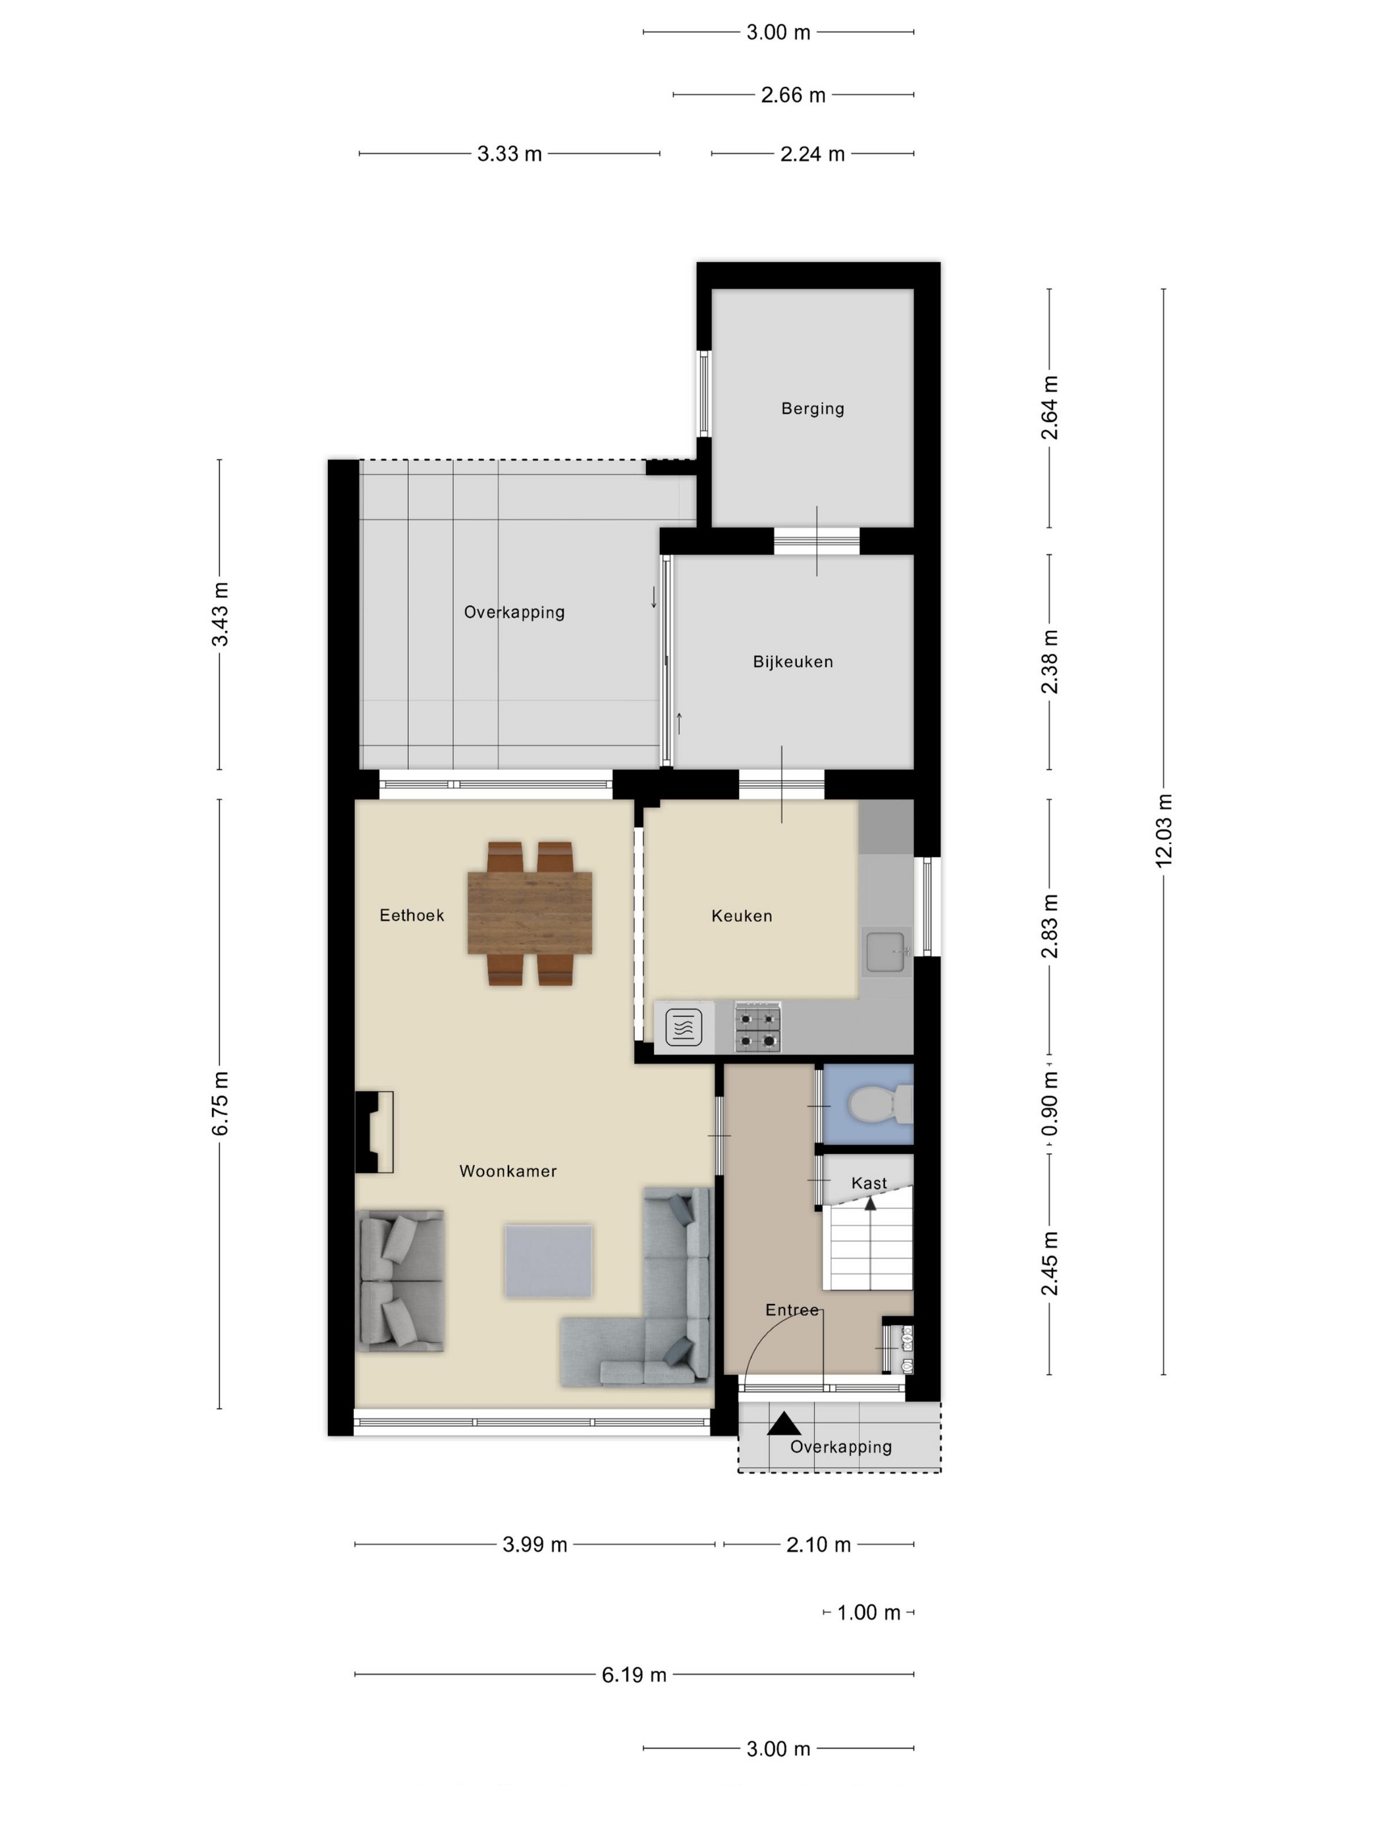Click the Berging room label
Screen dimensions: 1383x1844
pos(812,408)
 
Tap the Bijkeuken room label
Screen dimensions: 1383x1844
pos(792,661)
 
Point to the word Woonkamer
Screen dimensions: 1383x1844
pos(508,1170)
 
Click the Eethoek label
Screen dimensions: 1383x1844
pos(412,915)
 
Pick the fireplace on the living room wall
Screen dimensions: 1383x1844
pos(373,1131)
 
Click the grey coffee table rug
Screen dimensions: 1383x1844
pos(548,1261)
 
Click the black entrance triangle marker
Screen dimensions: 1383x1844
pos(783,1424)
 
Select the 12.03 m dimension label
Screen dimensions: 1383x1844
pos(1164,831)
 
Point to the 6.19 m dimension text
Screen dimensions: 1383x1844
pos(634,1675)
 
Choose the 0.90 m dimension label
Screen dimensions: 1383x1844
pos(1050,1104)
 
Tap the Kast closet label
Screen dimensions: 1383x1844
pos(869,1183)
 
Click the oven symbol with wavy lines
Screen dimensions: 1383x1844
pos(684,1027)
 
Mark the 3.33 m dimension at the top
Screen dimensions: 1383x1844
pos(509,154)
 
